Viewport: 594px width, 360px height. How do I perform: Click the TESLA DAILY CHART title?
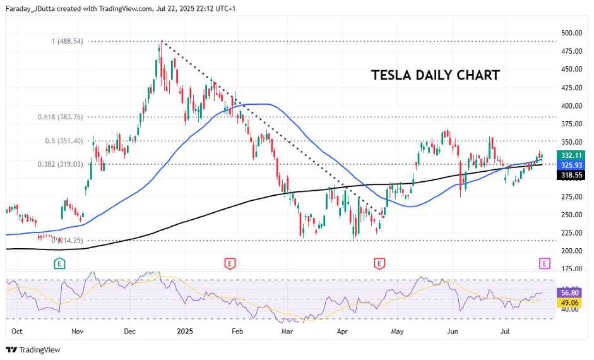(436, 75)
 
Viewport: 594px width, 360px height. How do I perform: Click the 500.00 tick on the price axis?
(571, 33)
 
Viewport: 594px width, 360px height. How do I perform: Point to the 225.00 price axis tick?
(571, 233)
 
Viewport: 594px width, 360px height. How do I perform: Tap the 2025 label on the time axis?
(185, 330)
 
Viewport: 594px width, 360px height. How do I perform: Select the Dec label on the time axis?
(131, 330)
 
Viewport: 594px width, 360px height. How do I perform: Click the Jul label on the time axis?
(505, 330)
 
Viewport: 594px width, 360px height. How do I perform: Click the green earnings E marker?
(60, 263)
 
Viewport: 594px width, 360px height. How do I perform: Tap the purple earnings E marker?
(545, 263)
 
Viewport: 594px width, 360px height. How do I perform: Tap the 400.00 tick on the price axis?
(571, 105)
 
